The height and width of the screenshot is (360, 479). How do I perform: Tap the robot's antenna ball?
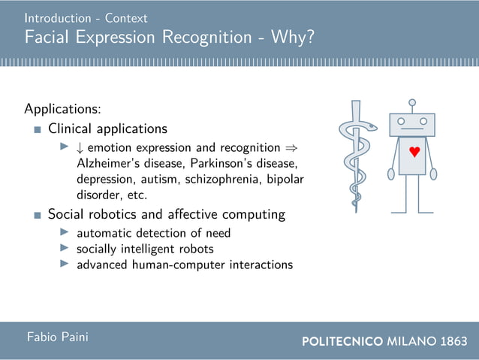tap(411, 101)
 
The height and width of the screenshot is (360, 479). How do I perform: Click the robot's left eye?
tap(402, 121)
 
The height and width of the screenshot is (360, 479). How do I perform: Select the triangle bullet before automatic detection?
tap(65, 232)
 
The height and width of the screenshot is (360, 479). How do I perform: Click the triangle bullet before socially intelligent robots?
tap(65, 248)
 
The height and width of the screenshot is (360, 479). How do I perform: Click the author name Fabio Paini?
tap(57, 337)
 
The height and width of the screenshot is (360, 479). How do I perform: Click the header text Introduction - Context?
tap(86, 17)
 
